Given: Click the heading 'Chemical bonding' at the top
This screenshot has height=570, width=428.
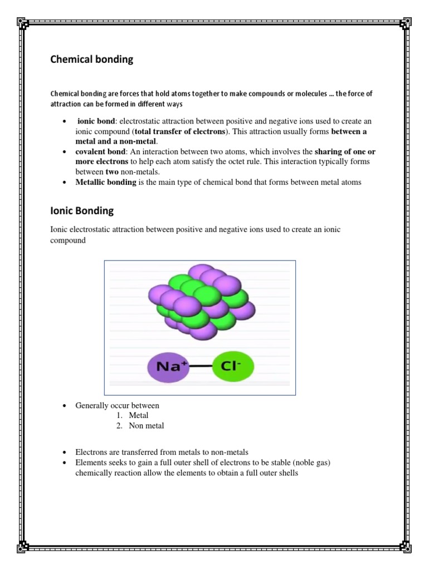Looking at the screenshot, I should tap(92, 60).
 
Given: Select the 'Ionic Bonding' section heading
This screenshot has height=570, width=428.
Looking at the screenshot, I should tap(82, 211).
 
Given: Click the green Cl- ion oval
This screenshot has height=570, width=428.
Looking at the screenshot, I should tap(232, 367).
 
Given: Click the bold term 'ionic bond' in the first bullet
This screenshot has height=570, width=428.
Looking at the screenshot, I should tap(96, 121).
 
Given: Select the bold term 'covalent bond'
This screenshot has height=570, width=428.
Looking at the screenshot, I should tap(100, 151).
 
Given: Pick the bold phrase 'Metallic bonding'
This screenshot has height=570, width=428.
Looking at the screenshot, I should tap(106, 182).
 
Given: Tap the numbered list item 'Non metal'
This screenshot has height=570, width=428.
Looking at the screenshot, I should tap(147, 426).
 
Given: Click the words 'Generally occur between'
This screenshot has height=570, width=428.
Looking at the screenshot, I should tap(117, 405).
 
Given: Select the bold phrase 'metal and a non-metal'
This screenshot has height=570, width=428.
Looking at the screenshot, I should tap(116, 141).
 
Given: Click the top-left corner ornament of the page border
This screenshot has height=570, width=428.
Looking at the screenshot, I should tap(23, 23).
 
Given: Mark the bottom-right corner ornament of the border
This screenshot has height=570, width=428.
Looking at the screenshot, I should tap(406, 547).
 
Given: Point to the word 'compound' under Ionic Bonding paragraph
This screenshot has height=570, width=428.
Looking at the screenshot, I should tap(68, 240).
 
